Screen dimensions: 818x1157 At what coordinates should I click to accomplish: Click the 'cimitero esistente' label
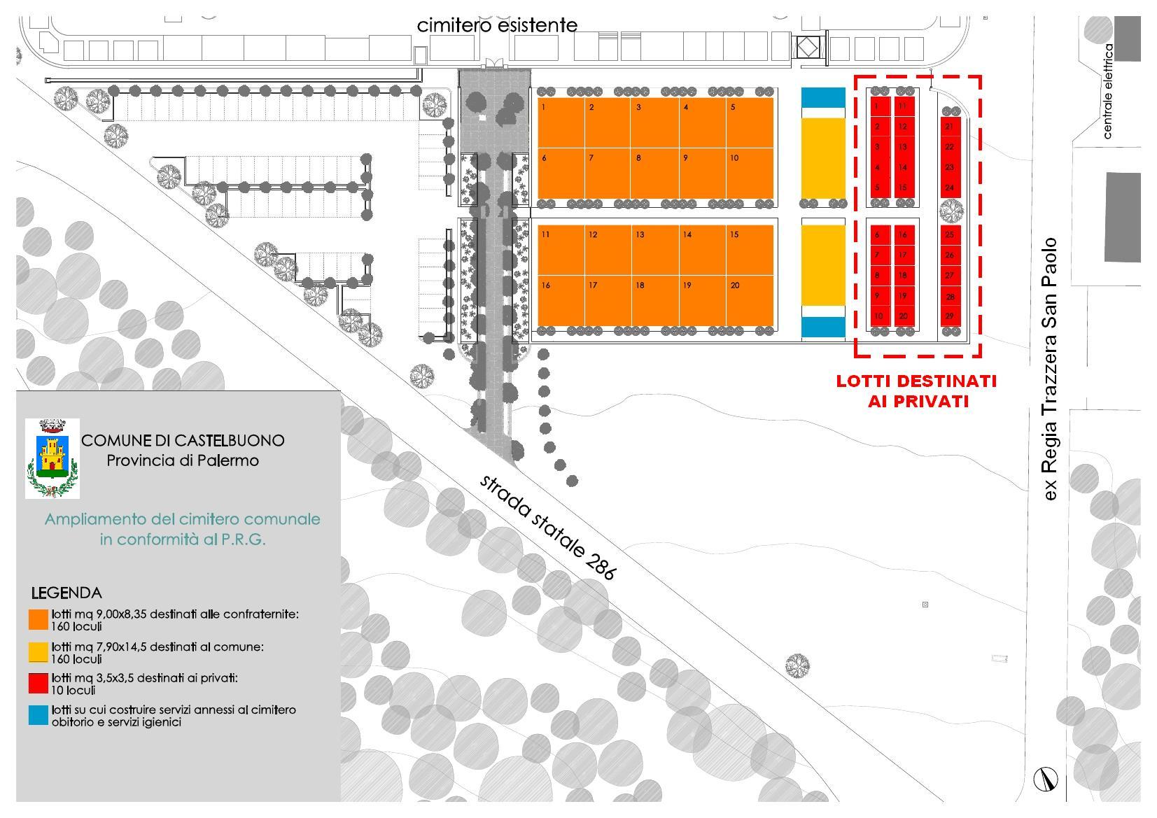click(497, 25)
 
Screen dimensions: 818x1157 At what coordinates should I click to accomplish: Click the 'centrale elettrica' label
click(1107, 91)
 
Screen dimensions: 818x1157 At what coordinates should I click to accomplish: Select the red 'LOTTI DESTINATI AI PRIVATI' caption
click(916, 391)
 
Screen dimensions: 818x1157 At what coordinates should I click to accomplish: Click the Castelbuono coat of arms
click(52, 458)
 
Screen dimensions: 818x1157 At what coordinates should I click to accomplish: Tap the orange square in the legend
click(38, 620)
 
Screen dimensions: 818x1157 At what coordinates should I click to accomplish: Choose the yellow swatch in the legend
click(38, 652)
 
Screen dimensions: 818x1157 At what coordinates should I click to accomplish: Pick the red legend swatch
click(38, 684)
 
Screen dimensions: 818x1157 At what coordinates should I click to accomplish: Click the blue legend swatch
click(38, 715)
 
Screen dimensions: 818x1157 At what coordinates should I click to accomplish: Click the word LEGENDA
click(66, 593)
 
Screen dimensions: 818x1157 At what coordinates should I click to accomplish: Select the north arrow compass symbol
click(1046, 779)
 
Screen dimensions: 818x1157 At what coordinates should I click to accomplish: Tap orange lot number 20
click(750, 301)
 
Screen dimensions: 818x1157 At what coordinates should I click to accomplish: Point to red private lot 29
click(950, 316)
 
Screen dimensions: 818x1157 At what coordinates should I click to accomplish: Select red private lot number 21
click(950, 127)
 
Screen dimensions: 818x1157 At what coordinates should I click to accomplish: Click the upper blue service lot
click(823, 97)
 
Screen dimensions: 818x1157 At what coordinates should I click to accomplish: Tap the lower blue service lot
click(823, 327)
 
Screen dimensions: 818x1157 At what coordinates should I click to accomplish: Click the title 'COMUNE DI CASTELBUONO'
click(183, 441)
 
